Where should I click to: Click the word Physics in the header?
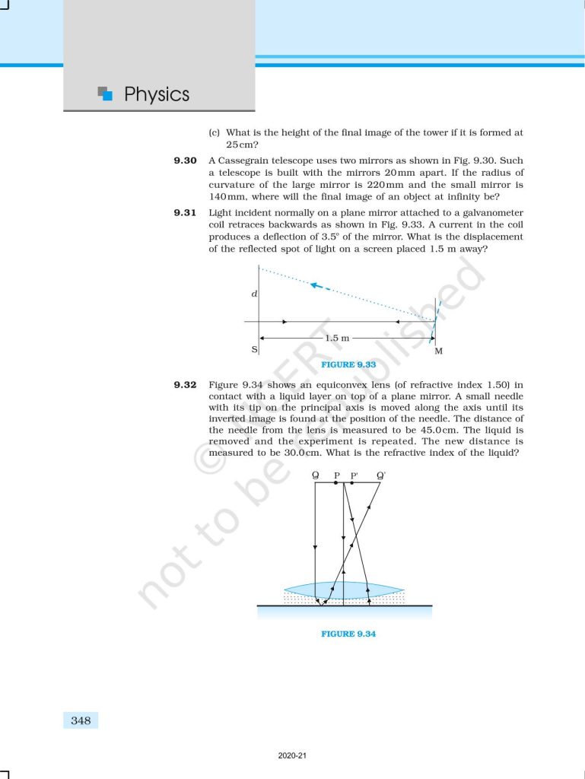click(x=156, y=94)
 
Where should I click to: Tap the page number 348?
click(x=81, y=720)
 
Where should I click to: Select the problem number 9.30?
click(x=186, y=161)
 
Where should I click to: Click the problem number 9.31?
click(x=186, y=212)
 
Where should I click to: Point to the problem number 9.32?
click(x=186, y=386)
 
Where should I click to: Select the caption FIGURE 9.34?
click(x=348, y=634)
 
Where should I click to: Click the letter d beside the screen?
click(x=253, y=294)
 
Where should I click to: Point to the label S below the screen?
click(x=254, y=351)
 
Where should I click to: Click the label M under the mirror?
click(x=438, y=351)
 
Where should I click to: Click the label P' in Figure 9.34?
click(x=354, y=476)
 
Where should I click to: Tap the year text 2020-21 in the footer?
click(x=292, y=756)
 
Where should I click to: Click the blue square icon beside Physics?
click(x=107, y=94)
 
